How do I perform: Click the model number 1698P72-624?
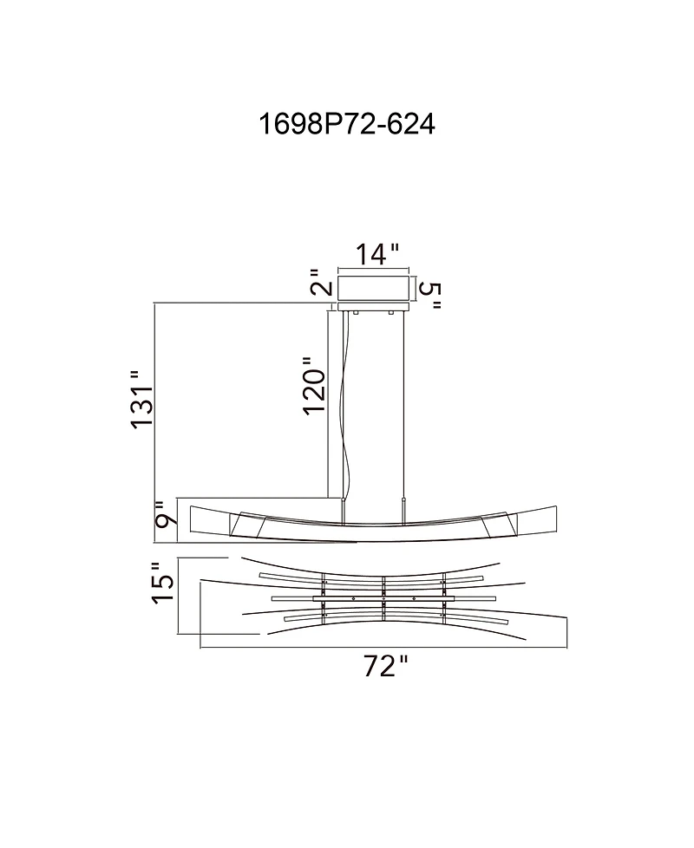[347, 125]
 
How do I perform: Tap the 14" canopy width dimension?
[377, 254]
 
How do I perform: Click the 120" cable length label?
[315, 386]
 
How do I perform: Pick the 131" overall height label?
[141, 400]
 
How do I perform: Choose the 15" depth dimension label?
[163, 583]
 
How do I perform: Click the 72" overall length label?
[384, 666]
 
